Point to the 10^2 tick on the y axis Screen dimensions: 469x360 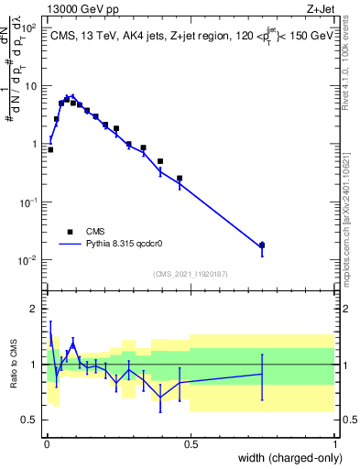[x=28, y=27]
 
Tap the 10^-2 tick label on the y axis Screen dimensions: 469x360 [x=28, y=260]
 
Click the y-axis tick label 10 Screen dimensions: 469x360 [x=31, y=86]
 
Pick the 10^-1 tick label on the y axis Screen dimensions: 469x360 [x=28, y=202]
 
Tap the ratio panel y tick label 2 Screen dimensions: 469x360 [x=34, y=309]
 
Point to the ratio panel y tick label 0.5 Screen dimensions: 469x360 [x=29, y=420]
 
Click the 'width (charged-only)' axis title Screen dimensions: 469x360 [x=287, y=458]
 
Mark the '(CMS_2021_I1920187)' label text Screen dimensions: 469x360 [x=190, y=274]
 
